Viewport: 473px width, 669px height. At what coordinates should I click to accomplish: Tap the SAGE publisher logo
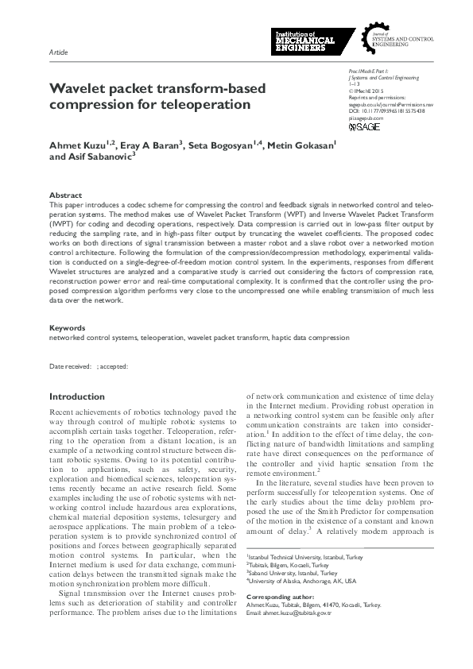click(364, 126)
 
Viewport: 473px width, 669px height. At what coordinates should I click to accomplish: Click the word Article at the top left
click(58, 52)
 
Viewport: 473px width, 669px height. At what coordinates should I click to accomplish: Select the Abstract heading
click(64, 195)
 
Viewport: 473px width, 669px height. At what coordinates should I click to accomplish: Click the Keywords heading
click(67, 327)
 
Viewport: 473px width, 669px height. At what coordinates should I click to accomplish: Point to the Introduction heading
click(77, 396)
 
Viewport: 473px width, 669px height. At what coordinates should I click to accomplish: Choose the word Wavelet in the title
click(79, 89)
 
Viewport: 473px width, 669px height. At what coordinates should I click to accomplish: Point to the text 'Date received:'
click(70, 366)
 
